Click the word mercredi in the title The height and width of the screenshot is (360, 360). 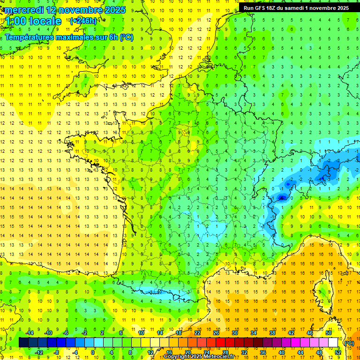pyautogui.click(x=24, y=10)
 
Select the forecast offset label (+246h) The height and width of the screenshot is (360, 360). pyautogui.click(x=83, y=21)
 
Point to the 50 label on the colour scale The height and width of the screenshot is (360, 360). pyautogui.click(x=329, y=333)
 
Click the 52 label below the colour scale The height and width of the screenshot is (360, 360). pyautogui.click(x=338, y=352)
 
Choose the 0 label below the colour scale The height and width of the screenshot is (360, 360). pyautogui.click(x=93, y=352)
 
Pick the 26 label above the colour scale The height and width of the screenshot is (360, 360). pyautogui.click(x=216, y=333)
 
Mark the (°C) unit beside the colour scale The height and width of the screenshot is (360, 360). pyautogui.click(x=349, y=343)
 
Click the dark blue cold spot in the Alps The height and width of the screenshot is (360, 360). pyautogui.click(x=282, y=198)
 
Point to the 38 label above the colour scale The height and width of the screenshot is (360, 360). pyautogui.click(x=272, y=333)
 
